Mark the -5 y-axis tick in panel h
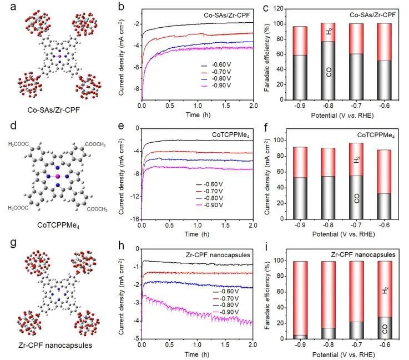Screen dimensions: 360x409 tap(136, 339)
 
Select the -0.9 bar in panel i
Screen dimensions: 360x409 tap(300, 300)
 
